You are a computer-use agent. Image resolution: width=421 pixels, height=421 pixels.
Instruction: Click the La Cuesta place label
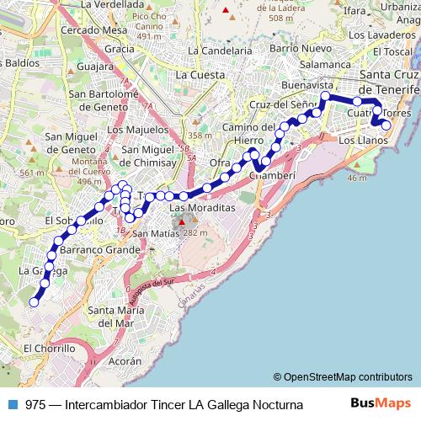click(x=200, y=75)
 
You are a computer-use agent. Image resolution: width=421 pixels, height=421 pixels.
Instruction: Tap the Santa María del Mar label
click(x=116, y=316)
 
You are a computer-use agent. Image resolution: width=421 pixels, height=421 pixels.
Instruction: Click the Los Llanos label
click(x=363, y=140)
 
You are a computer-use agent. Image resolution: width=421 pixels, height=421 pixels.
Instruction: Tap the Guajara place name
click(x=94, y=65)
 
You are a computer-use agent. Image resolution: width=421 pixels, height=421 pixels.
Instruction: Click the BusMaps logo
click(x=381, y=403)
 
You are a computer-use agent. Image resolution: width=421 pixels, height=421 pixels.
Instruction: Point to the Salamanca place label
click(x=322, y=63)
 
